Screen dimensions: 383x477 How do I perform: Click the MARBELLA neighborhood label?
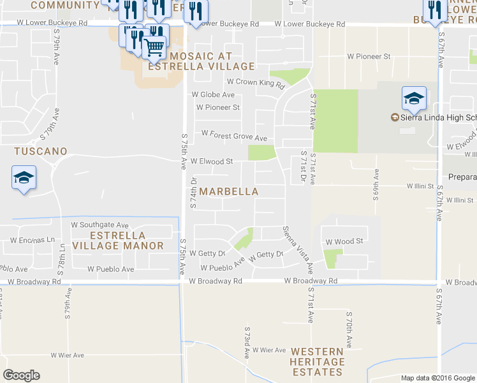coord(229,191)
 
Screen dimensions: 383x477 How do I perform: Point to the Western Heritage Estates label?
coord(318,362)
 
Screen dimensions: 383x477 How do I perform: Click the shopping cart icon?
coord(154,47)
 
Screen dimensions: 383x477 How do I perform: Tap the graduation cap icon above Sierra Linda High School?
coord(414,98)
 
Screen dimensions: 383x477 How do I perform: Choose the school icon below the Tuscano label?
coord(24,177)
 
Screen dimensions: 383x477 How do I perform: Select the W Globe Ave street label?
coord(213,95)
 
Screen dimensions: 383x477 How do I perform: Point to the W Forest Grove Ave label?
coord(234,134)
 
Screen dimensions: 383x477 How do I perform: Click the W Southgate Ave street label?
coord(99,225)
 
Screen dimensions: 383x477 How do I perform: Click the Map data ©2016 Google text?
coord(437,378)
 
